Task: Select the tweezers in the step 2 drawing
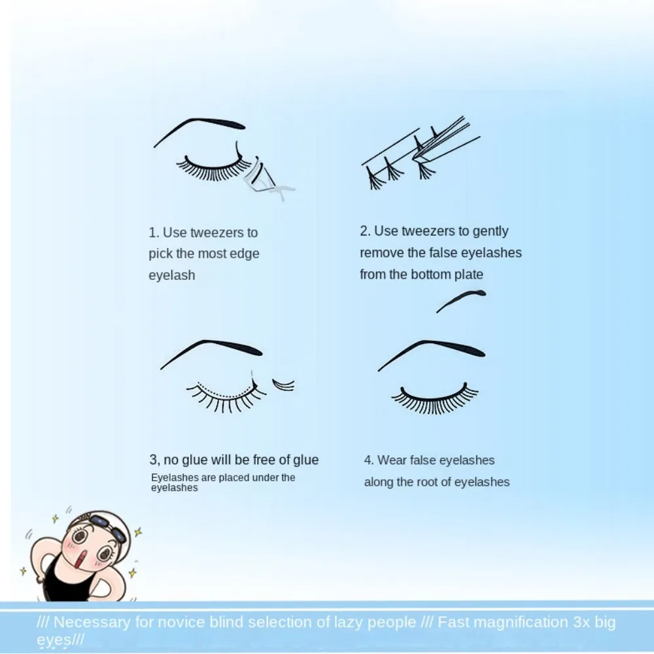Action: coord(445,141)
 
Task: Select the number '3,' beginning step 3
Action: coord(155,460)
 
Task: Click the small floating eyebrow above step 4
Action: coord(461,301)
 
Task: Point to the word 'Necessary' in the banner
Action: coord(93,622)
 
